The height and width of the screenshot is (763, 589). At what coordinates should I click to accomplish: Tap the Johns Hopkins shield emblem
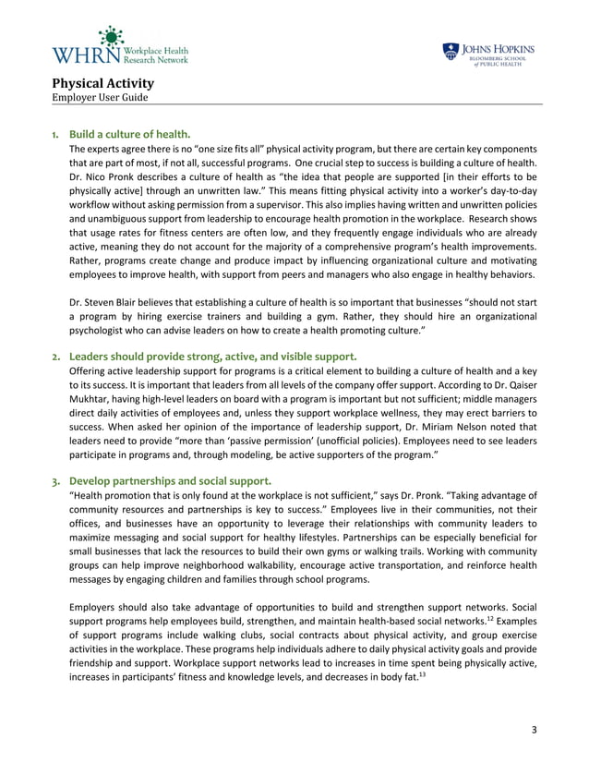click(x=450, y=51)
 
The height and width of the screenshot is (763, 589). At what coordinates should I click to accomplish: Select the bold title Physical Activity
click(x=102, y=83)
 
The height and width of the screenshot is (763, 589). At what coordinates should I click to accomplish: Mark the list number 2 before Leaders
click(x=56, y=357)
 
